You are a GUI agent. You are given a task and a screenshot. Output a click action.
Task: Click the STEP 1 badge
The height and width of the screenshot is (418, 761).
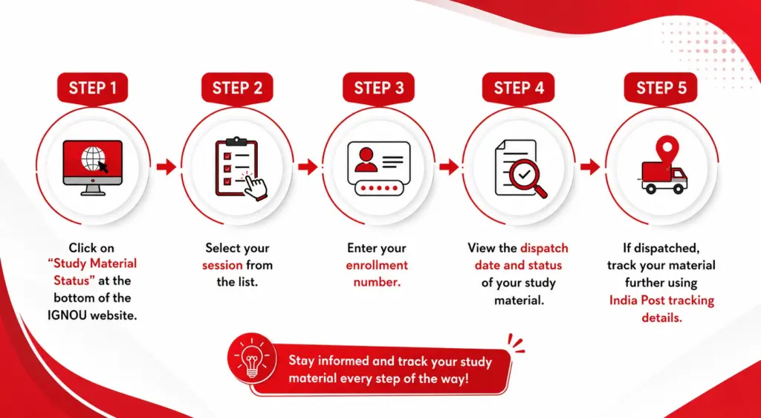(x=92, y=88)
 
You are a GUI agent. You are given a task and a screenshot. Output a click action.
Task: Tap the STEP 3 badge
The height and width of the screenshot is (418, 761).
(x=378, y=88)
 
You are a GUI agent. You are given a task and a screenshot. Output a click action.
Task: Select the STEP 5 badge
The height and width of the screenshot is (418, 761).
(x=661, y=88)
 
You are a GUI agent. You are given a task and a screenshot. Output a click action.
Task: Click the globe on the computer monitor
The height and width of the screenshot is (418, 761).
(x=93, y=158)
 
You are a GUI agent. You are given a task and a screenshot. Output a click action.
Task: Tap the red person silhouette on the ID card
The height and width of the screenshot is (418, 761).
(x=366, y=160)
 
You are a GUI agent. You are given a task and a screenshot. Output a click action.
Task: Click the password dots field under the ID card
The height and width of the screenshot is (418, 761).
(x=379, y=188)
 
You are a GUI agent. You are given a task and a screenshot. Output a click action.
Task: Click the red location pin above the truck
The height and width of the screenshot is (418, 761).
(x=667, y=149)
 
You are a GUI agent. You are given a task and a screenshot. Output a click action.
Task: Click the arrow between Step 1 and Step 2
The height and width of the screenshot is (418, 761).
(x=166, y=167)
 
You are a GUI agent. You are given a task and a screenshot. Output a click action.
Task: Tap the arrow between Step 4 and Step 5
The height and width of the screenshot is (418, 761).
(x=590, y=167)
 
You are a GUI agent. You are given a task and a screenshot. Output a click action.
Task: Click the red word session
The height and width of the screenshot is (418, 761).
(x=222, y=266)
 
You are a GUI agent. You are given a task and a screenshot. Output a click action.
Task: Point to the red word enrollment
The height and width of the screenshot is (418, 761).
(x=377, y=266)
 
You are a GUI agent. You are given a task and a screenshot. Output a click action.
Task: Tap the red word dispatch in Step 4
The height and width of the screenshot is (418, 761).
(x=544, y=249)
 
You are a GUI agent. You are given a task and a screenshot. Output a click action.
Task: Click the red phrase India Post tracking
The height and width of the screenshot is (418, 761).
(x=662, y=300)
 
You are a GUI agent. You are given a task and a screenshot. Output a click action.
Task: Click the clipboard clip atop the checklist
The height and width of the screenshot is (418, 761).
(x=236, y=141)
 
